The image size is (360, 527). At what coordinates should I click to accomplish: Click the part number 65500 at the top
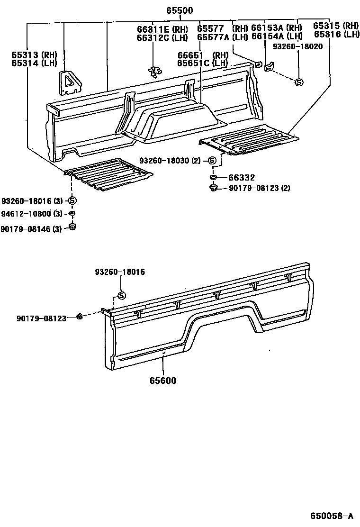[179, 10]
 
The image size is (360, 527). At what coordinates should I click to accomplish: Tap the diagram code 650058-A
[332, 516]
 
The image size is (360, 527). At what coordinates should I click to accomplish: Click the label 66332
[242, 178]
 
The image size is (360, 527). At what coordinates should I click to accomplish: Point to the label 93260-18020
[297, 46]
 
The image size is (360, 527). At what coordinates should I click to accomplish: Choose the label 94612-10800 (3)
[32, 213]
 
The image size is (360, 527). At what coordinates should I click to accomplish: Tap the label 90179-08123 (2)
[260, 188]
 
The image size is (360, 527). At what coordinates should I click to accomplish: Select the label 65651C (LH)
[202, 63]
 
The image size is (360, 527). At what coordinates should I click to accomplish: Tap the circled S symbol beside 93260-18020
[299, 82]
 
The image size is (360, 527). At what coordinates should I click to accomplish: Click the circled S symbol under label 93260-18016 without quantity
[121, 296]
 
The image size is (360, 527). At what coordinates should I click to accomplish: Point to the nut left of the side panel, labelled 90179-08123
[81, 317]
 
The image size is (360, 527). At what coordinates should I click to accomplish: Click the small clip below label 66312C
[153, 71]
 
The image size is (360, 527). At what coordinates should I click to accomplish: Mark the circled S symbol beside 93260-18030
[212, 161]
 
